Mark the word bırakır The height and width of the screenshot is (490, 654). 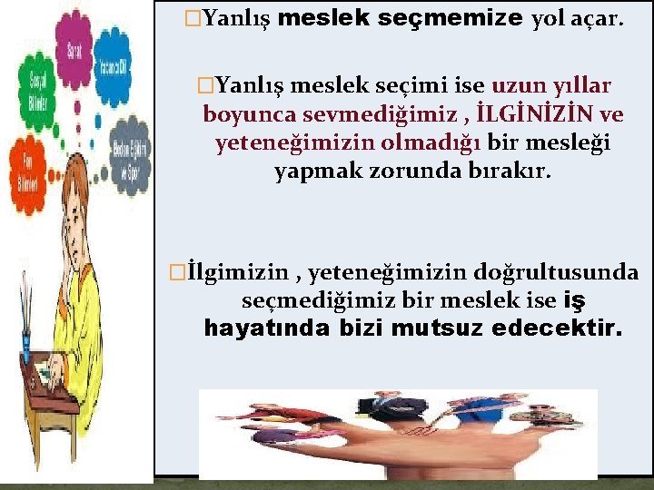coord(513,171)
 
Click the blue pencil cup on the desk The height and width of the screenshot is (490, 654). coord(25,346)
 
